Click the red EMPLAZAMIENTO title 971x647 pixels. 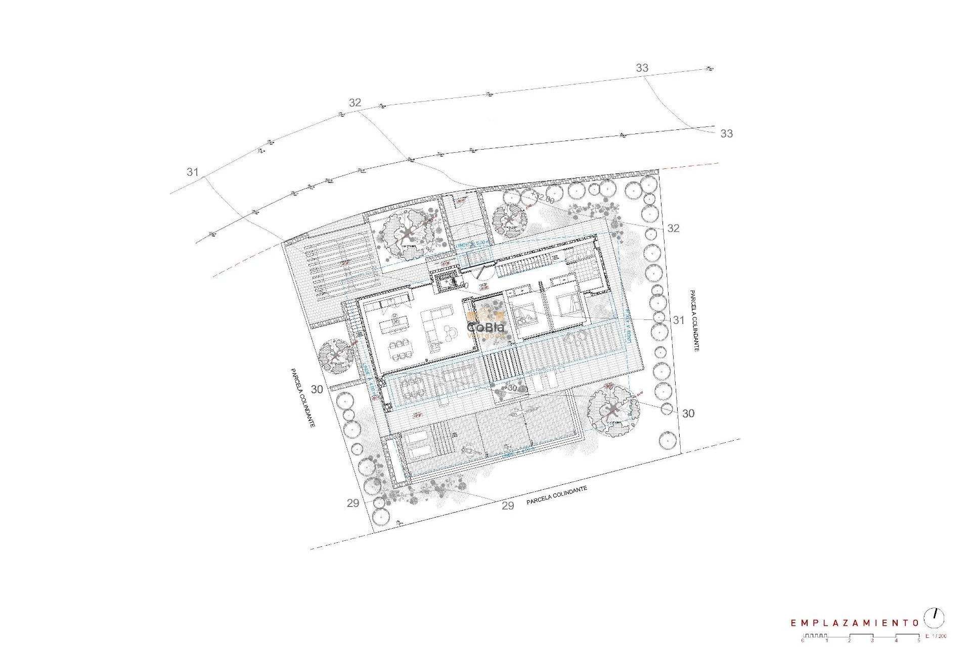pos(854,623)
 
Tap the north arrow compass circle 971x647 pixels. pos(934,618)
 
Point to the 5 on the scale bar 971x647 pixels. pos(918,640)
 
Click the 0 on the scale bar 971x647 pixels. pos(803,640)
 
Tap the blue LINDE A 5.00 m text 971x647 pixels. pos(473,244)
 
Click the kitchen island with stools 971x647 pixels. pos(395,321)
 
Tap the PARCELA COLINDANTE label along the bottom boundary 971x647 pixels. pos(556,496)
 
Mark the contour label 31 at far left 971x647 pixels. pos(193,172)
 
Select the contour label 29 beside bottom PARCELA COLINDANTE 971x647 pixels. pos(508,505)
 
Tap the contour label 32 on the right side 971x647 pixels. pos(673,228)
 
